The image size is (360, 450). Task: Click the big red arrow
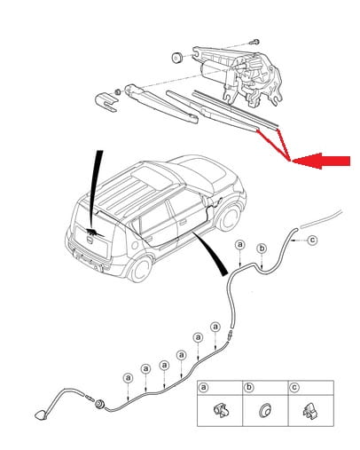(x=321, y=162)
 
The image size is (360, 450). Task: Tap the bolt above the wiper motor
(x=255, y=42)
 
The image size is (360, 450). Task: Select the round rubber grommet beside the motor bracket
(x=177, y=57)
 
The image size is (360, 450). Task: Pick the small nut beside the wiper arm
(x=118, y=91)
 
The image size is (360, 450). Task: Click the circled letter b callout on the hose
(x=262, y=249)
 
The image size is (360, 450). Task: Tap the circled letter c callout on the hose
(x=312, y=240)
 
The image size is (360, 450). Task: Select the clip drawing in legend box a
(x=222, y=411)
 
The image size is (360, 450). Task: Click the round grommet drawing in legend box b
(x=264, y=410)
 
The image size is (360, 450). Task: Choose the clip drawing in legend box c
(x=309, y=411)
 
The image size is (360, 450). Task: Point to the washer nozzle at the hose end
(x=41, y=414)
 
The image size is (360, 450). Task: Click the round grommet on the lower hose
(x=99, y=404)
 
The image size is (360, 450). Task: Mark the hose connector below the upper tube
(x=229, y=336)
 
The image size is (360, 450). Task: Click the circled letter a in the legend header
(x=203, y=387)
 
